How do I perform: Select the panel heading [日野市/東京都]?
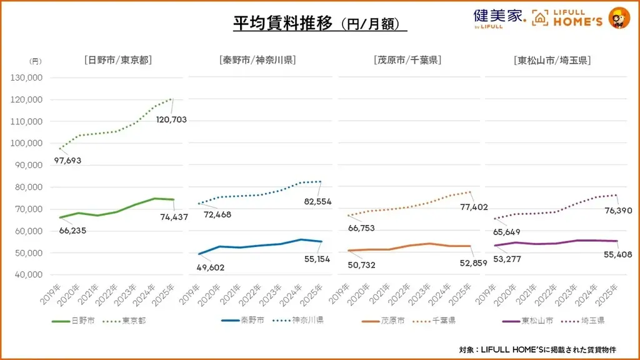[118, 61]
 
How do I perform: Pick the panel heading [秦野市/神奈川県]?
[257, 61]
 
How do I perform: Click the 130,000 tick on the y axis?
[27, 78]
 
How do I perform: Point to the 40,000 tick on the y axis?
[27, 274]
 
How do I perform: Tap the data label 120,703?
[171, 119]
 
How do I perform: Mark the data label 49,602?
[211, 267]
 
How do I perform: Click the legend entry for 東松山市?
[528, 321]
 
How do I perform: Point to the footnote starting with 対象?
[545, 349]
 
